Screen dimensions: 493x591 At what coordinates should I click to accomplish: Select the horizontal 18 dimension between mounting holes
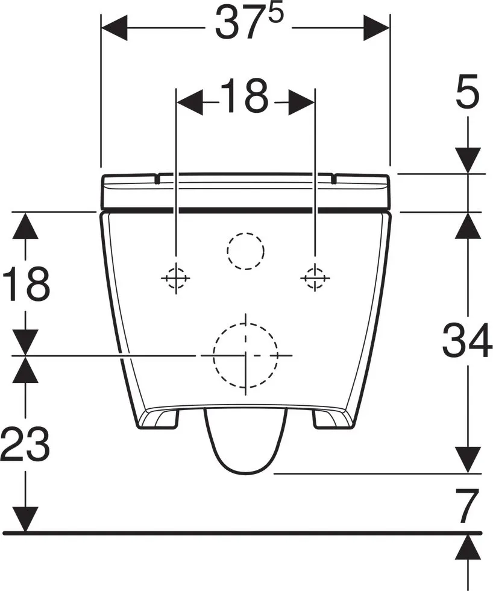(x=245, y=96)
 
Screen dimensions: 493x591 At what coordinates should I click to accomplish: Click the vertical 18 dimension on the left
(x=25, y=283)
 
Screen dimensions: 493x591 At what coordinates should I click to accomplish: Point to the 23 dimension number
(x=25, y=444)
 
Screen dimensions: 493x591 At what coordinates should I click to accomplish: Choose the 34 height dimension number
(x=467, y=340)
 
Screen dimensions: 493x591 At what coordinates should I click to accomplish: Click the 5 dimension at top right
(x=468, y=91)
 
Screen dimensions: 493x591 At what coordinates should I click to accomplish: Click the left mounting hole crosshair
(x=175, y=278)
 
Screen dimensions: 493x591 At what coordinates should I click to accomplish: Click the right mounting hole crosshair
(x=315, y=278)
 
